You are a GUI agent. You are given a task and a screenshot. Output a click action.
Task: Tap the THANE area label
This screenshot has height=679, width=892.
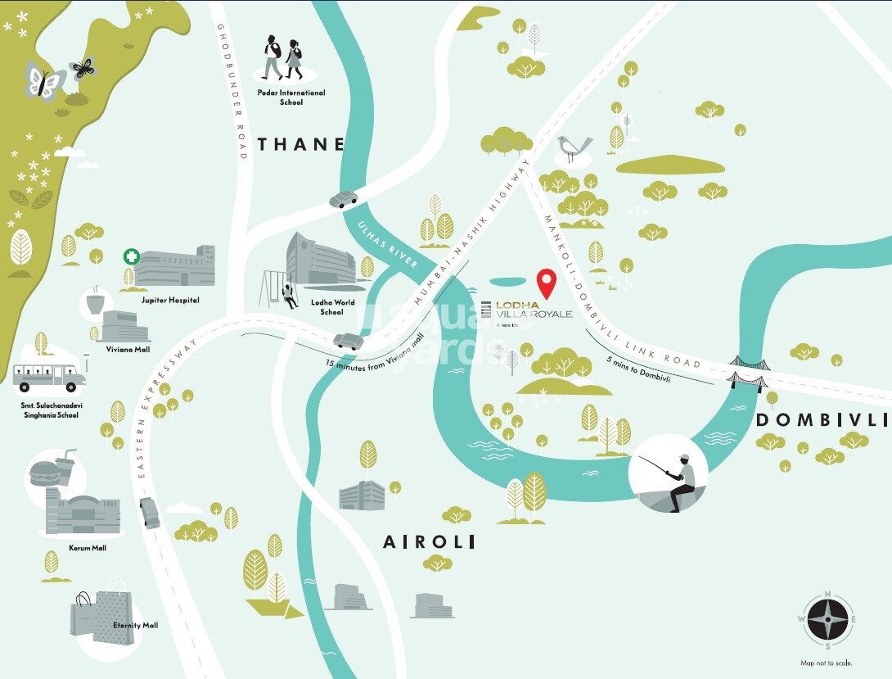[301, 145]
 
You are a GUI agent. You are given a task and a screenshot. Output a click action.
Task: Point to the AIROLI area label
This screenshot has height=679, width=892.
[430, 542]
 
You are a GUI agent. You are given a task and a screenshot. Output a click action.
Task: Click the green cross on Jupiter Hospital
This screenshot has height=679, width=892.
[130, 257]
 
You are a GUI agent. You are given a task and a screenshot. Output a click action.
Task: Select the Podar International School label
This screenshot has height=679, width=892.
[291, 97]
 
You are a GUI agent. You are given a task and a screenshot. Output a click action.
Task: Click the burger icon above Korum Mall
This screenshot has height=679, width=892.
[43, 472]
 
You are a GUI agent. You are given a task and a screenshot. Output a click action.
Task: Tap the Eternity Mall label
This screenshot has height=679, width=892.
[137, 625]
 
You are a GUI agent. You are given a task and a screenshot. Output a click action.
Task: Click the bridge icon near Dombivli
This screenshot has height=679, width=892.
[746, 370]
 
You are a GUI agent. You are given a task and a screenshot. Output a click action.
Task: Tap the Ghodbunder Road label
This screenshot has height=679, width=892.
[232, 91]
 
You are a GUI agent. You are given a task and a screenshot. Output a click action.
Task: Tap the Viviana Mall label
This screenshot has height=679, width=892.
[128, 348]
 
